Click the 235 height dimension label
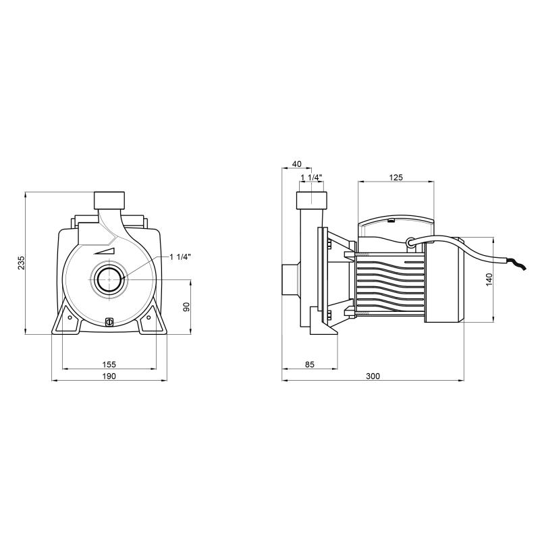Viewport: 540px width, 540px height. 22,263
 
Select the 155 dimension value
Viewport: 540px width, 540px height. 109,364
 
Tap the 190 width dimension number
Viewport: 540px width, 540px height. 109,376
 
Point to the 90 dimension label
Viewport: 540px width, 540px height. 186,307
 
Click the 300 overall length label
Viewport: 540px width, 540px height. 373,376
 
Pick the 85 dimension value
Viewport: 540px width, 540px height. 310,364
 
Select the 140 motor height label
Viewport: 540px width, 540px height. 489,279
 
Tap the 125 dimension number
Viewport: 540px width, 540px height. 396,178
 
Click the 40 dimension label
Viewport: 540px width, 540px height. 296,164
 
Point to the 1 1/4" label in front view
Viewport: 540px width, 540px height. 180,257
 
